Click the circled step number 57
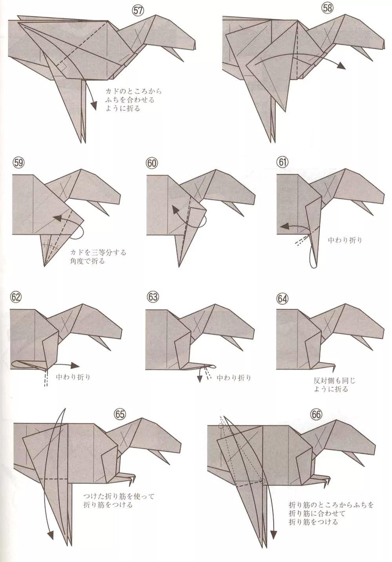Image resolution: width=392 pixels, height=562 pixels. pos(137,11)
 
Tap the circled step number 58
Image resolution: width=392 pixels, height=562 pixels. pos(327,9)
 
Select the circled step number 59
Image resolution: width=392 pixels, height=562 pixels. pos(18,163)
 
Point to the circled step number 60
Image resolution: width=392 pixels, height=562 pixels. pos(152,163)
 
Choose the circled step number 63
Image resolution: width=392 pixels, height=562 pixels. pos(153,297)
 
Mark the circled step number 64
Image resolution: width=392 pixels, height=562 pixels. pos(282,298)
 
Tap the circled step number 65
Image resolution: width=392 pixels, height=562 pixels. pos(120,414)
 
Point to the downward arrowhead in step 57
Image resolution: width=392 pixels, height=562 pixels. pos(93,105)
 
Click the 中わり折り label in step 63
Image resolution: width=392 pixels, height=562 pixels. pos(234,378)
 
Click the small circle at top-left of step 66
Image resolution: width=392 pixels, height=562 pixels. pos(221,425)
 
